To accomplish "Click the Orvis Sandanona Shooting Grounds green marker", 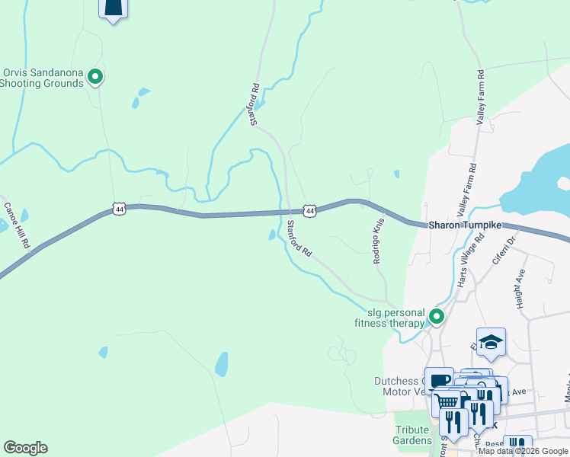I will click(x=95, y=76).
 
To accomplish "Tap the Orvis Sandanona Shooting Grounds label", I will click(x=43, y=78).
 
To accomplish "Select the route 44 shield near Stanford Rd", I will click(x=309, y=209).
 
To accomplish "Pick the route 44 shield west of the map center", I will click(x=118, y=207).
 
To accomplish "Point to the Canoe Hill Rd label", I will click(x=16, y=225).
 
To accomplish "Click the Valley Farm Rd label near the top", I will click(x=481, y=97).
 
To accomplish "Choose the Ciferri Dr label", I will click(x=504, y=250).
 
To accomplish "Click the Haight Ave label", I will click(x=521, y=286).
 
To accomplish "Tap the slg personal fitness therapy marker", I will click(x=437, y=316).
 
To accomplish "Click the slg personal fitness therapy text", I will click(x=389, y=318).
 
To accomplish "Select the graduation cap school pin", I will click(x=491, y=343).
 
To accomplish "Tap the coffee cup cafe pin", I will click(x=440, y=380).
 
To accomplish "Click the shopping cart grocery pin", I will click(x=447, y=400).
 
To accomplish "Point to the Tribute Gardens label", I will click(x=412, y=435).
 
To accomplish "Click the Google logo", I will click(x=26, y=448).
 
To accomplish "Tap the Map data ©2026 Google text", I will click(x=522, y=451).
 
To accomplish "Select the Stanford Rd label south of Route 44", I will click(x=300, y=238).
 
